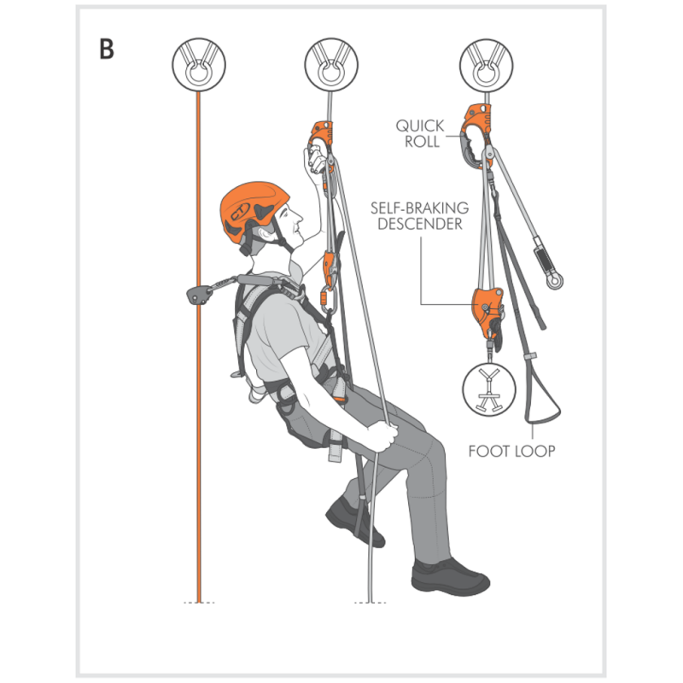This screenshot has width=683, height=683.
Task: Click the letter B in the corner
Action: pyautogui.click(x=107, y=50)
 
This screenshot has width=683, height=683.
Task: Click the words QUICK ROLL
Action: pyautogui.click(x=420, y=134)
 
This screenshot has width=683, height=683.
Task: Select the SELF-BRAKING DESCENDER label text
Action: pyautogui.click(x=419, y=216)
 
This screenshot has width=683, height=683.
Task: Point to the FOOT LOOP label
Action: pyautogui.click(x=511, y=451)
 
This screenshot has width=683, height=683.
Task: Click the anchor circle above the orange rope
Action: pyautogui.click(x=199, y=65)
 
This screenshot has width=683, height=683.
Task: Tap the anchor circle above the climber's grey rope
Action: pyautogui.click(x=331, y=65)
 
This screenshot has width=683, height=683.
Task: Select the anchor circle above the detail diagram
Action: pyautogui.click(x=486, y=65)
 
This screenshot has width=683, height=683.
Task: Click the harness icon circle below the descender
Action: pyautogui.click(x=488, y=389)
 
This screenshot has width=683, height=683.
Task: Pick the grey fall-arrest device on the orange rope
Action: pyautogui.click(x=197, y=294)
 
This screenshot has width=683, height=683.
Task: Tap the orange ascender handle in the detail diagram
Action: pyautogui.click(x=476, y=135)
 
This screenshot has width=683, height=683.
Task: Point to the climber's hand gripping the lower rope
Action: pyautogui.click(x=383, y=436)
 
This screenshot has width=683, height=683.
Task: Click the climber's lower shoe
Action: pyautogui.click(x=450, y=577)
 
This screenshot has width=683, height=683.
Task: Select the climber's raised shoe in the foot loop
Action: pyautogui.click(x=353, y=522)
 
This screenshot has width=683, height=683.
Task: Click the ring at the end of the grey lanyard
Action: pyautogui.click(x=554, y=281)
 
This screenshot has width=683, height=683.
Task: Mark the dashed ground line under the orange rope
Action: pyautogui.click(x=199, y=603)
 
